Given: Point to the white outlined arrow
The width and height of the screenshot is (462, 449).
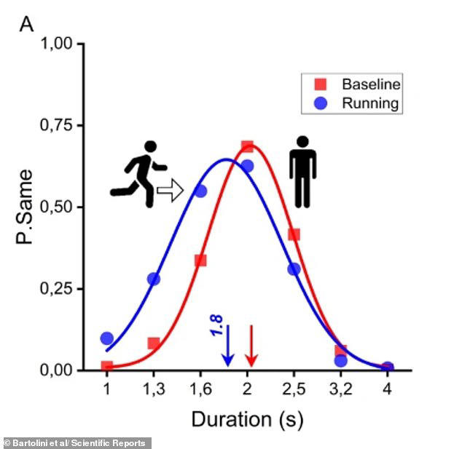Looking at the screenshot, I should [170, 192].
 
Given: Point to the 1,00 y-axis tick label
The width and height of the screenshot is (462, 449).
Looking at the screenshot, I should [59, 44].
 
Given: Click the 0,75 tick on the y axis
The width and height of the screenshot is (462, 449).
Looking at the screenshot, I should [59, 126].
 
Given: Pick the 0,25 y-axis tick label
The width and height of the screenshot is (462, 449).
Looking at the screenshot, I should [59, 290].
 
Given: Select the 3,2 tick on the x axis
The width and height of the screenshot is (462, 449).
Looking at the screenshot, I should [340, 389].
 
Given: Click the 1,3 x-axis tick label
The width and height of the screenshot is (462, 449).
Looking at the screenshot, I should [153, 389].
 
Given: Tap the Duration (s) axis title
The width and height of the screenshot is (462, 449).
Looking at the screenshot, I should [247, 420].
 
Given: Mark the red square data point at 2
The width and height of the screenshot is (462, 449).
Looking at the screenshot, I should [247, 147].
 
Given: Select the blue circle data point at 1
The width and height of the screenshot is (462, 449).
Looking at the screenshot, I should [107, 338].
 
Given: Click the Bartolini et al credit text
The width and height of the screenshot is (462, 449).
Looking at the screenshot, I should [76, 442].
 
